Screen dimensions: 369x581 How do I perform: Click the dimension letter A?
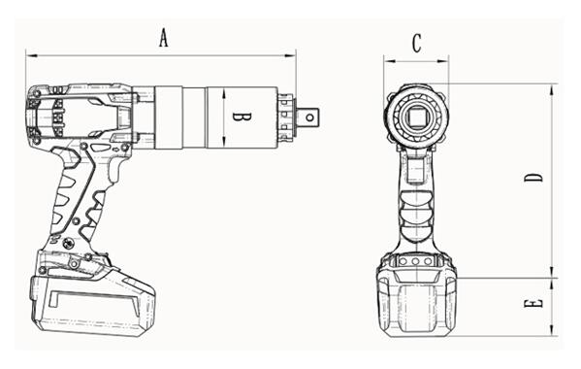(x=164, y=38)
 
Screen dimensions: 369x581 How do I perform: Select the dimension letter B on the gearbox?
(x=244, y=117)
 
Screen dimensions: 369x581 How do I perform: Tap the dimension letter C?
(x=416, y=43)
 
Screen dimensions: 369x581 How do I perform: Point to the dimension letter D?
(x=533, y=178)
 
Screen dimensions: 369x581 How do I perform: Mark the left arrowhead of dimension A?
(x=28, y=54)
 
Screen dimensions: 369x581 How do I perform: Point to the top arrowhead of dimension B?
(x=223, y=89)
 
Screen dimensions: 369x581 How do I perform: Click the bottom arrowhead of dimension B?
(x=223, y=146)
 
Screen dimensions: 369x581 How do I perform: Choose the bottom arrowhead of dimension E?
(x=553, y=333)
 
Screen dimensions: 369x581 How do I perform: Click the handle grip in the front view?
(x=417, y=209)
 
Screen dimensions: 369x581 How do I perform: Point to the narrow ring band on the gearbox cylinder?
(x=194, y=117)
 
